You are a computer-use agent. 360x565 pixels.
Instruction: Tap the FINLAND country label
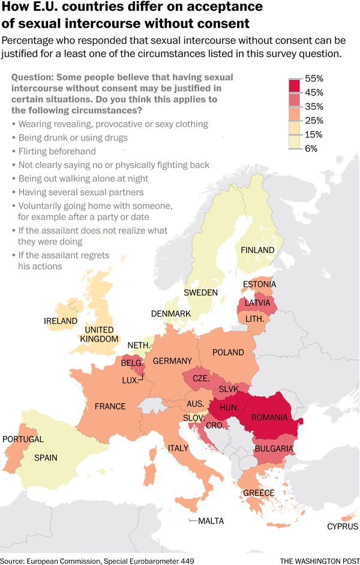[x=257, y=250]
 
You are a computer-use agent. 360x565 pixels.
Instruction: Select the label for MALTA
[x=211, y=521]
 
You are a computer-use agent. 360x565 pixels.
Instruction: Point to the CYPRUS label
[x=343, y=527]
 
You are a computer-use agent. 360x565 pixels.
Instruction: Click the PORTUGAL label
[x=23, y=439]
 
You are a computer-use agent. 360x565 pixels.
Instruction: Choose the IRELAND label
[x=61, y=321]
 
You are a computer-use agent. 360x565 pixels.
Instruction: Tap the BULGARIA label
[x=274, y=448]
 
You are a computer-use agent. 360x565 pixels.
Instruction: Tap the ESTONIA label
[x=259, y=284]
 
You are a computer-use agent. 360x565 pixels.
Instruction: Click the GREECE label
[x=259, y=493]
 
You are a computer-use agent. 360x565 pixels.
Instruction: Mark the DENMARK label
[x=171, y=314]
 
